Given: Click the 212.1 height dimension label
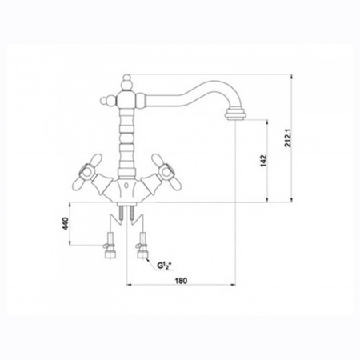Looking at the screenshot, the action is [x=288, y=138].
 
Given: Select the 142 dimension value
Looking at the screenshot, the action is [x=263, y=161].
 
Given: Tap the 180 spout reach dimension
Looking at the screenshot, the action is [x=181, y=281].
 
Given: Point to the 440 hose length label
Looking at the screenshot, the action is [x=66, y=223].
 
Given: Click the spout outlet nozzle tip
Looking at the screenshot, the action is [x=235, y=114].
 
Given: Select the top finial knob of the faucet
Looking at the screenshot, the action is [x=126, y=82].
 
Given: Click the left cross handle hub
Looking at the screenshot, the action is [x=86, y=172].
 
